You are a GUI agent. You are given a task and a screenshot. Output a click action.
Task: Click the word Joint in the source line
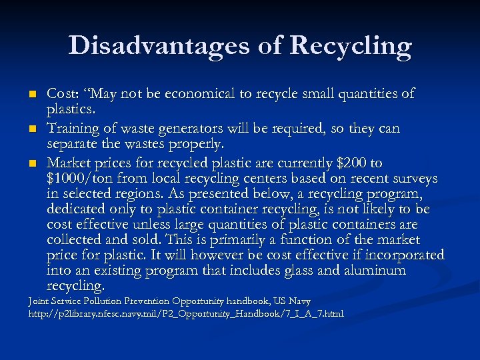40,301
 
